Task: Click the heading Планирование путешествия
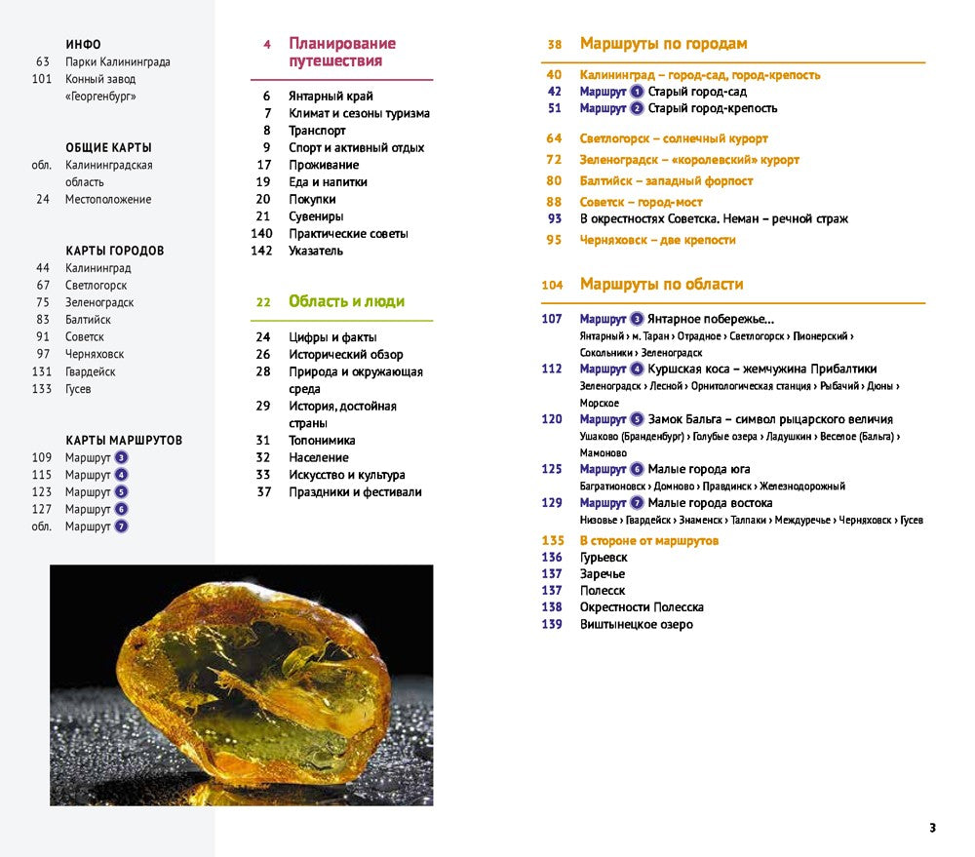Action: point(341,53)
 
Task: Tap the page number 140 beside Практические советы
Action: point(260,234)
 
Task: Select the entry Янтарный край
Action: point(331,97)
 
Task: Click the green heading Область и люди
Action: point(346,302)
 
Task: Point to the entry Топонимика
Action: point(322,441)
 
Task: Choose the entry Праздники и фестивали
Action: point(355,492)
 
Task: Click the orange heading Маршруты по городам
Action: point(663,44)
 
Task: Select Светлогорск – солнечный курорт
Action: point(674,138)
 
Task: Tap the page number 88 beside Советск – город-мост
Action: point(554,202)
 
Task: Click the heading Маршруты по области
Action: point(661,285)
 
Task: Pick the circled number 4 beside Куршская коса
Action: point(638,370)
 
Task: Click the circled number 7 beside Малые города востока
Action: point(638,503)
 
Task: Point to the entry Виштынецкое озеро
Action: point(636,624)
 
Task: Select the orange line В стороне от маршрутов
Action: point(648,540)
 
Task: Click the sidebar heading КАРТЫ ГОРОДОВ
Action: point(114,251)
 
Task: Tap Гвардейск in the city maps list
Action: point(90,371)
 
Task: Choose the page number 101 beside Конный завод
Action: point(41,79)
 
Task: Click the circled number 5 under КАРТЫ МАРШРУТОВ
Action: point(121,492)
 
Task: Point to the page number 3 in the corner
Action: point(932,828)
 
